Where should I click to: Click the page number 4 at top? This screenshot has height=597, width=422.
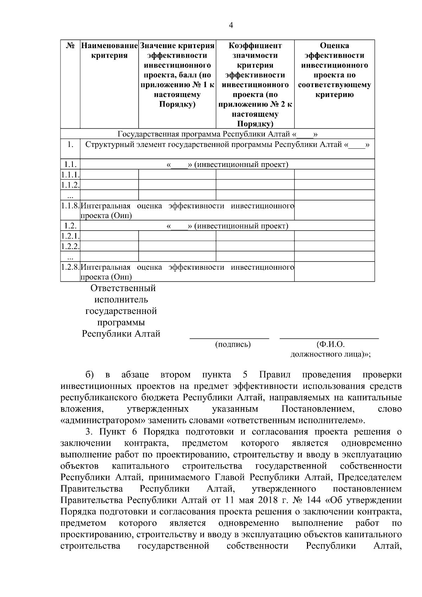point(231,25)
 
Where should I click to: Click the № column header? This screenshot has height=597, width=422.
point(70,46)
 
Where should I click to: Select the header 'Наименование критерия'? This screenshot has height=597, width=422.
point(109,51)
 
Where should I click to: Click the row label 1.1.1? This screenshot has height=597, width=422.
point(70,175)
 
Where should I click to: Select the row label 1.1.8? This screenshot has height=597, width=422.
point(70,206)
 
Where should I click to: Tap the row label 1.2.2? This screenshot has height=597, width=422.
point(70,246)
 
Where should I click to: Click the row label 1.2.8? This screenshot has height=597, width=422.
point(70,267)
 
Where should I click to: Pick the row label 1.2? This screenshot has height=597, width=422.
point(70,226)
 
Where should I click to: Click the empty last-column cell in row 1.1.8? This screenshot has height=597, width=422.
point(334,210)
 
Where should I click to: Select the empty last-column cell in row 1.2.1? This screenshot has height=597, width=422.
point(334,236)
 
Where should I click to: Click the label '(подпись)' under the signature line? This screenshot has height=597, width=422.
point(233,345)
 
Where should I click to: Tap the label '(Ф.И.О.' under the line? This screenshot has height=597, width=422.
point(330,345)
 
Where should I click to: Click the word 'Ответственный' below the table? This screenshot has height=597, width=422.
point(123,288)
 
